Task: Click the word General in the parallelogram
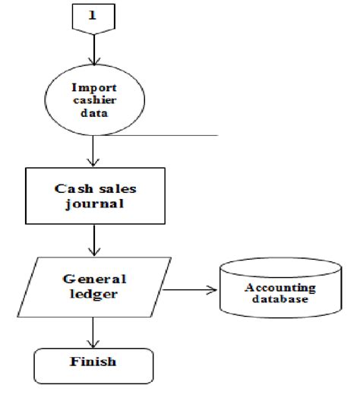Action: click(94, 278)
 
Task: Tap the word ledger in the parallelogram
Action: click(93, 294)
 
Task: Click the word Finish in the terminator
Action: click(93, 362)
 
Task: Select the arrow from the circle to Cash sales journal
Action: click(94, 152)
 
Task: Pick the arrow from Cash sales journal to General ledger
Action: click(94, 241)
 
